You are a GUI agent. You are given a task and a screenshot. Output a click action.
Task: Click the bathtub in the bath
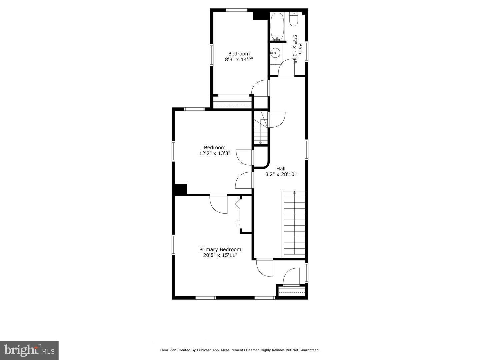[x=277, y=26]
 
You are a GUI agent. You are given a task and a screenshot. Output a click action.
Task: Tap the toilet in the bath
[x=294, y=20]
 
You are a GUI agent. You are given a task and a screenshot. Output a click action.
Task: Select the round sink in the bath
[x=275, y=53]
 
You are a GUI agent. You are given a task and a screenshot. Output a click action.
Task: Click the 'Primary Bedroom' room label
[x=220, y=249]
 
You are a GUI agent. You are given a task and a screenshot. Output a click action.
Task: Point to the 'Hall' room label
[x=281, y=169]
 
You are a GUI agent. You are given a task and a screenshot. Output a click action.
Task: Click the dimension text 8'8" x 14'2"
[x=239, y=60]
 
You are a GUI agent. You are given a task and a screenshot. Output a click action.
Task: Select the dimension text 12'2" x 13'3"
[x=215, y=153]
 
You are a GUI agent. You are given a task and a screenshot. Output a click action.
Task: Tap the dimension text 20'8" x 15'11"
[x=220, y=255]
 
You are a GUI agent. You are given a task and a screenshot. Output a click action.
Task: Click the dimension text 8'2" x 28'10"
[x=281, y=174]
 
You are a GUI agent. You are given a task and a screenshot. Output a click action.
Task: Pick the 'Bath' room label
[x=300, y=49]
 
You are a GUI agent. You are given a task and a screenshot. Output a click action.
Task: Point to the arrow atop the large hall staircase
[x=294, y=193]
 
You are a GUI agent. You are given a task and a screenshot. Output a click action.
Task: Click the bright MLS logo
[x=29, y=350]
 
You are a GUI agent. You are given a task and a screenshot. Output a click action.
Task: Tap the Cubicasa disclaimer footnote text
[x=240, y=350]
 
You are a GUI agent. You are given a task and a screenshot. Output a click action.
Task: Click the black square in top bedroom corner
[x=260, y=15]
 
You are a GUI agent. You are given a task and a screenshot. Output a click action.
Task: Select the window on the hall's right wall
[x=306, y=150]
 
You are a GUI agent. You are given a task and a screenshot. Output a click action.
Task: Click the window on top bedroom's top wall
[x=236, y=10]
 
